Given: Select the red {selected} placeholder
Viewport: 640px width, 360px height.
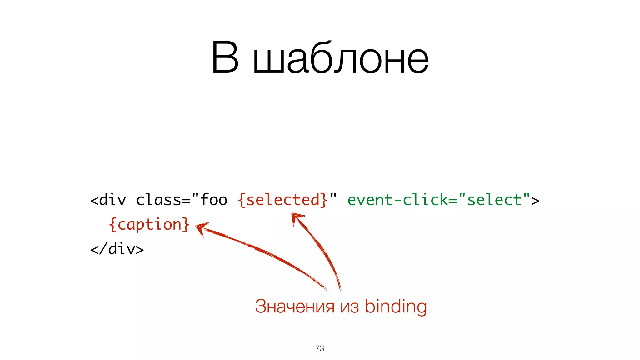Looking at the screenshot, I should point(283,200).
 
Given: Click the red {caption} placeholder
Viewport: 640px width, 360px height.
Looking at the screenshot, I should point(149,224).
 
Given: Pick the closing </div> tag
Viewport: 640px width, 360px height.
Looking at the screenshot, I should point(117,249).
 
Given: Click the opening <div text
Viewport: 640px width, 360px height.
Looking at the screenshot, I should point(108,200).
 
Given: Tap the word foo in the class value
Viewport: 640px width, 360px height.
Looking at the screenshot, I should point(214,200).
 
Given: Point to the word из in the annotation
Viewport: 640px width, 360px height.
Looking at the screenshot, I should point(349,307).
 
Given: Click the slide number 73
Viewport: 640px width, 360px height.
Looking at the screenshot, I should point(320,348).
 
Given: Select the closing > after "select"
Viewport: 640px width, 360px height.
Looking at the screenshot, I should point(535,200).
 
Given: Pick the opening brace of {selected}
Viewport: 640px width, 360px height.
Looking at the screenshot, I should point(242,200).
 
